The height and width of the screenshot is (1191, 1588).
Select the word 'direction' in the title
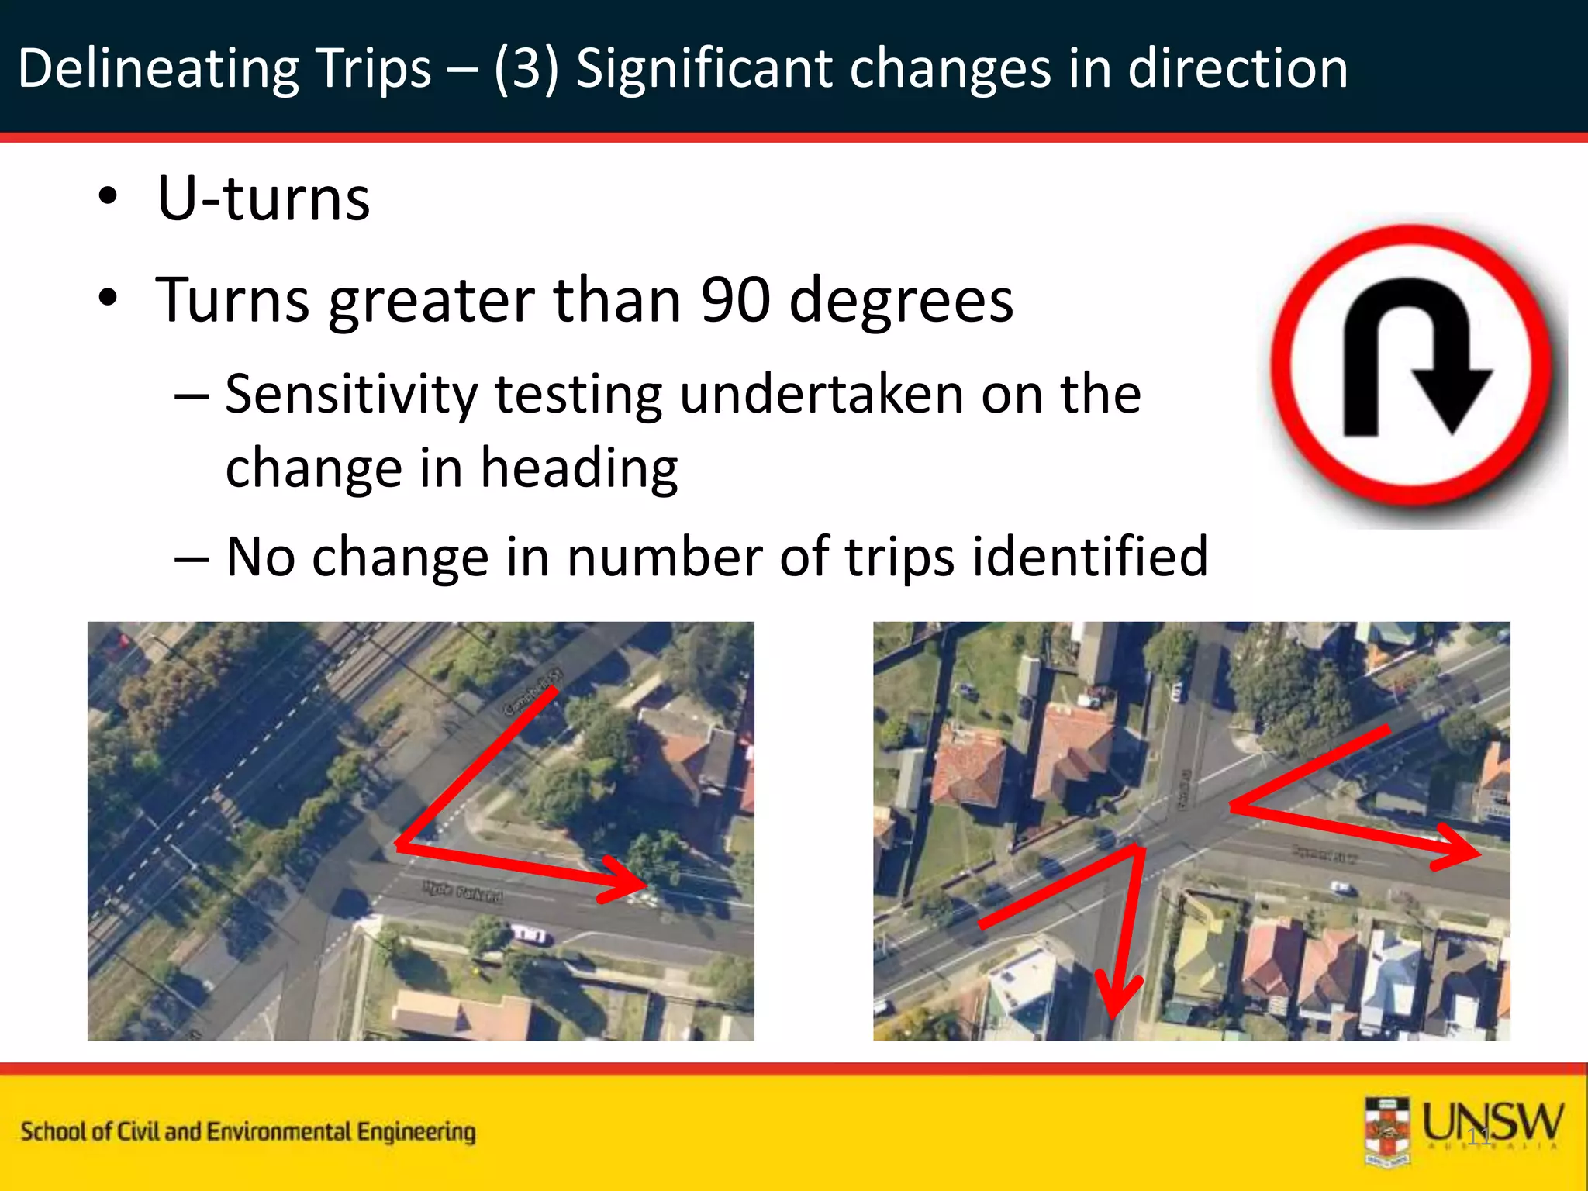1238,68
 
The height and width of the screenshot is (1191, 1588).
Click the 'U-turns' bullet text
264,198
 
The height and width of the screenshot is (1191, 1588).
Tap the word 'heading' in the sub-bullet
578,468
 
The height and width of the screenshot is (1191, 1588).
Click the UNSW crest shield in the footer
1387,1131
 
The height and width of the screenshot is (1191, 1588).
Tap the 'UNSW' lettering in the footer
1492,1124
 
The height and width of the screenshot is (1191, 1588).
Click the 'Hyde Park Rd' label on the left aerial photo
463,891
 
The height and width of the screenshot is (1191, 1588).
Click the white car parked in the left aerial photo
530,934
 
